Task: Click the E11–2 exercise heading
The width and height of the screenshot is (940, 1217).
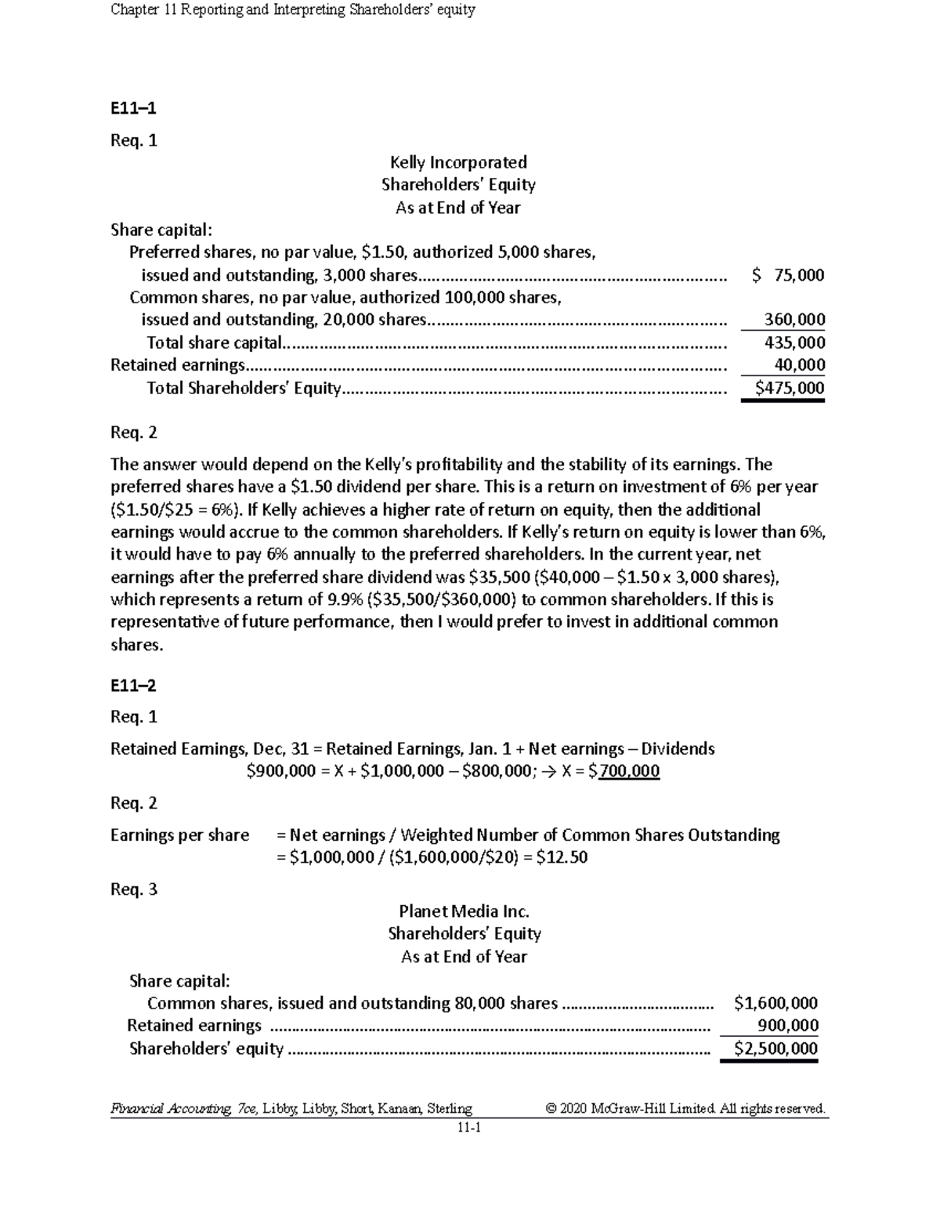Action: [133, 686]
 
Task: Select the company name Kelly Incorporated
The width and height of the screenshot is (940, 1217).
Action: [458, 162]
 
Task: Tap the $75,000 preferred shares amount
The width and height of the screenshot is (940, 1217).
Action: [787, 275]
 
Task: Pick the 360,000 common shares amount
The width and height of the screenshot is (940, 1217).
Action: [794, 320]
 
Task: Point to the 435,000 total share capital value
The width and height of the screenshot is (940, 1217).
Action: [794, 342]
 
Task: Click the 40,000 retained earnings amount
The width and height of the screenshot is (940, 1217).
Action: [799, 364]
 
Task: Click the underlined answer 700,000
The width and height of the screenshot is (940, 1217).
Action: [628, 771]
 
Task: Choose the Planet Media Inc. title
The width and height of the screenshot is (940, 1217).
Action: [464, 911]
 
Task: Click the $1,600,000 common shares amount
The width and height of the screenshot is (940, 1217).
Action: [775, 1003]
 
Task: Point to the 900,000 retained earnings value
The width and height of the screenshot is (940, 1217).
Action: [788, 1026]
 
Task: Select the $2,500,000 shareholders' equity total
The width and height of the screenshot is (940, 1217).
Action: [775, 1049]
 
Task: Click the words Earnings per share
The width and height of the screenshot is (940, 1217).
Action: [179, 835]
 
